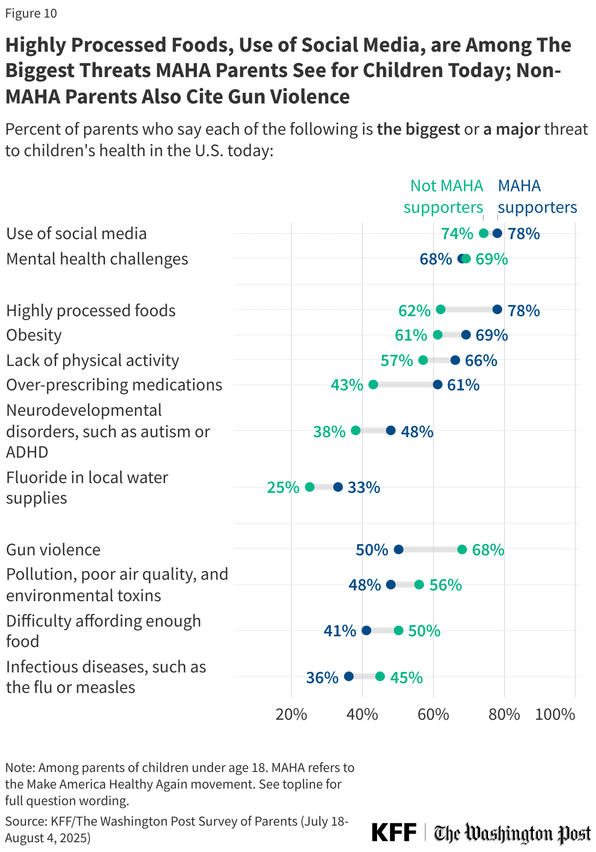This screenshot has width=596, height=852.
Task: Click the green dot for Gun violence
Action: click(462, 549)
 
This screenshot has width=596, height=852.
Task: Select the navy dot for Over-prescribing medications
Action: click(438, 385)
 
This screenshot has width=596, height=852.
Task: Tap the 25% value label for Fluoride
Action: click(283, 487)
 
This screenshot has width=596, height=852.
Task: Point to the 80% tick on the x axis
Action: click(504, 714)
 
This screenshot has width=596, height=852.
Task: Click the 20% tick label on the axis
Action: click(291, 714)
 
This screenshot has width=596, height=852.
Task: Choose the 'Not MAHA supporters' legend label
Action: click(443, 197)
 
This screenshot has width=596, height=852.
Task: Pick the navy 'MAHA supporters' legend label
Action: click(537, 197)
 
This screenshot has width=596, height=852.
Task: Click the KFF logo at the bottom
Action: click(394, 832)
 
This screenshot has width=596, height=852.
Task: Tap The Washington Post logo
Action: click(512, 833)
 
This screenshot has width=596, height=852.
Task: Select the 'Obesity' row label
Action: click(34, 335)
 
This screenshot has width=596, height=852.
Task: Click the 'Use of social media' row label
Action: click(76, 234)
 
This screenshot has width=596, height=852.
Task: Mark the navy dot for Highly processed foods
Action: click(497, 309)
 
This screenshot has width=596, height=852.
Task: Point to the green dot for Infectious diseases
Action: click(380, 676)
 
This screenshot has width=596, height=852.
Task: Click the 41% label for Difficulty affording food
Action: click(340, 630)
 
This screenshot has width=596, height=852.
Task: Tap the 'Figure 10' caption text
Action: click(31, 13)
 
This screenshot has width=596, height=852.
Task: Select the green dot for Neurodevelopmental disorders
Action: click(356, 430)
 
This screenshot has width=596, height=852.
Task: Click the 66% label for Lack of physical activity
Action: click(481, 361)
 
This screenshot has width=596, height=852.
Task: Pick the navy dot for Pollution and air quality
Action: click(391, 585)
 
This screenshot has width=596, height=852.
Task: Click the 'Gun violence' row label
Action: click(53, 550)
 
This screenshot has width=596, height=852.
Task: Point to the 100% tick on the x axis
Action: click(555, 714)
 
